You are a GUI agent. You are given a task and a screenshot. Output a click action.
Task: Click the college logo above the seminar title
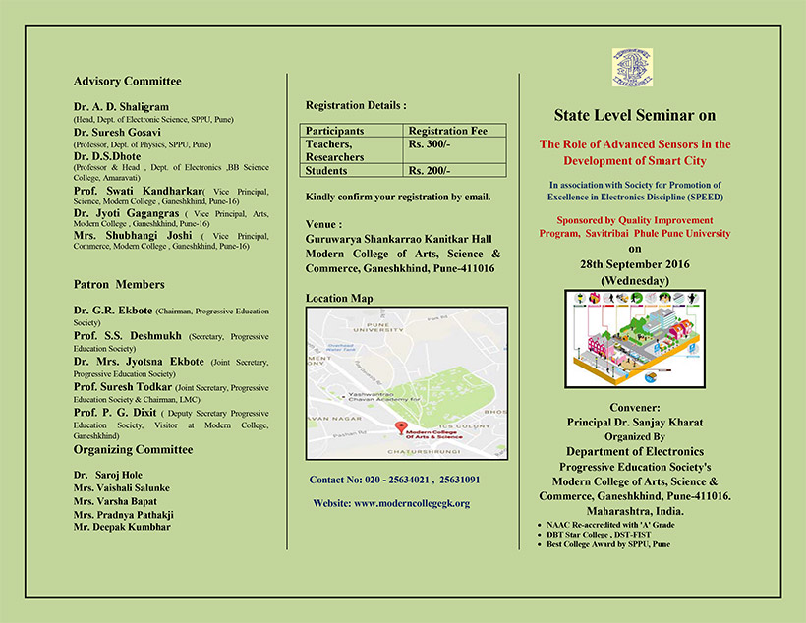632,68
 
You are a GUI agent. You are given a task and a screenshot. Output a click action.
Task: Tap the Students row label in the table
326,170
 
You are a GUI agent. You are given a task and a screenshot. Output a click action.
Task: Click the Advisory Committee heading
127,81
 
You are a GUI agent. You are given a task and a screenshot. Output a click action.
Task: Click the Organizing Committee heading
133,449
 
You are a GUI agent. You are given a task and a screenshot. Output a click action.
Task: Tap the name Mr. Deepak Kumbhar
121,527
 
